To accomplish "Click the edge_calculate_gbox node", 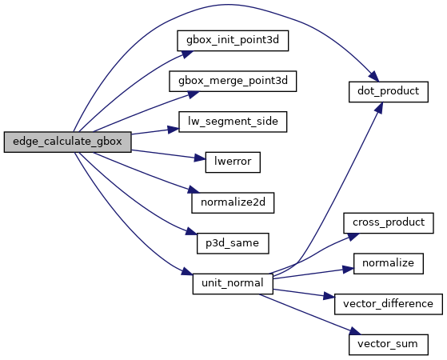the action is [x=67, y=142].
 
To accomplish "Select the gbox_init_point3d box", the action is [x=233, y=41].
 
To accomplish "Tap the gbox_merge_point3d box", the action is [x=233, y=82].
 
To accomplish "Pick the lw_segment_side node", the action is [x=233, y=122].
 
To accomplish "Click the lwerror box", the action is [x=233, y=162].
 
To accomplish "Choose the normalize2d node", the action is [x=233, y=202].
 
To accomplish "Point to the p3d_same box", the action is [x=233, y=243].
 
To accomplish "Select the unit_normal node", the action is [x=233, y=283].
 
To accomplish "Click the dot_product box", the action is [x=389, y=91].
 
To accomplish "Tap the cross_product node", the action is [x=389, y=222].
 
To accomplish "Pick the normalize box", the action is [x=389, y=263].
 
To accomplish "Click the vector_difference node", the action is [x=389, y=304].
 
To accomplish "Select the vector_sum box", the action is [x=389, y=345].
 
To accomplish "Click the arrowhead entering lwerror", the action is [x=200, y=158].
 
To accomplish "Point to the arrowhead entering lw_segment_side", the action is [x=173, y=130].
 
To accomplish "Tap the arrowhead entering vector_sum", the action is [x=355, y=331].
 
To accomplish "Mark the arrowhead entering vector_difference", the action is [x=329, y=296].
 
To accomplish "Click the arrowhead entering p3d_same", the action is [x=192, y=231].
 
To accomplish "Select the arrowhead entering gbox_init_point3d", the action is [x=188, y=54].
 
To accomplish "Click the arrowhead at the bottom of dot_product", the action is [x=379, y=107].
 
